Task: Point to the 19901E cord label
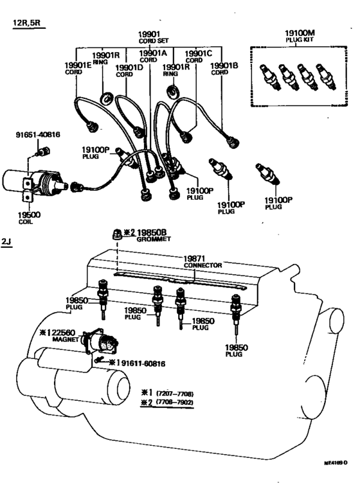pyautogui.click(x=76, y=67)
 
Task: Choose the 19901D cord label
pyautogui.click(x=128, y=69)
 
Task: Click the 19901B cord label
pyautogui.click(x=227, y=67)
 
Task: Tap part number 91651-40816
pyautogui.click(x=37, y=136)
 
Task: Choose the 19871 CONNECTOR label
pyautogui.click(x=203, y=260)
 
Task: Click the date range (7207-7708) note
pyautogui.click(x=170, y=393)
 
